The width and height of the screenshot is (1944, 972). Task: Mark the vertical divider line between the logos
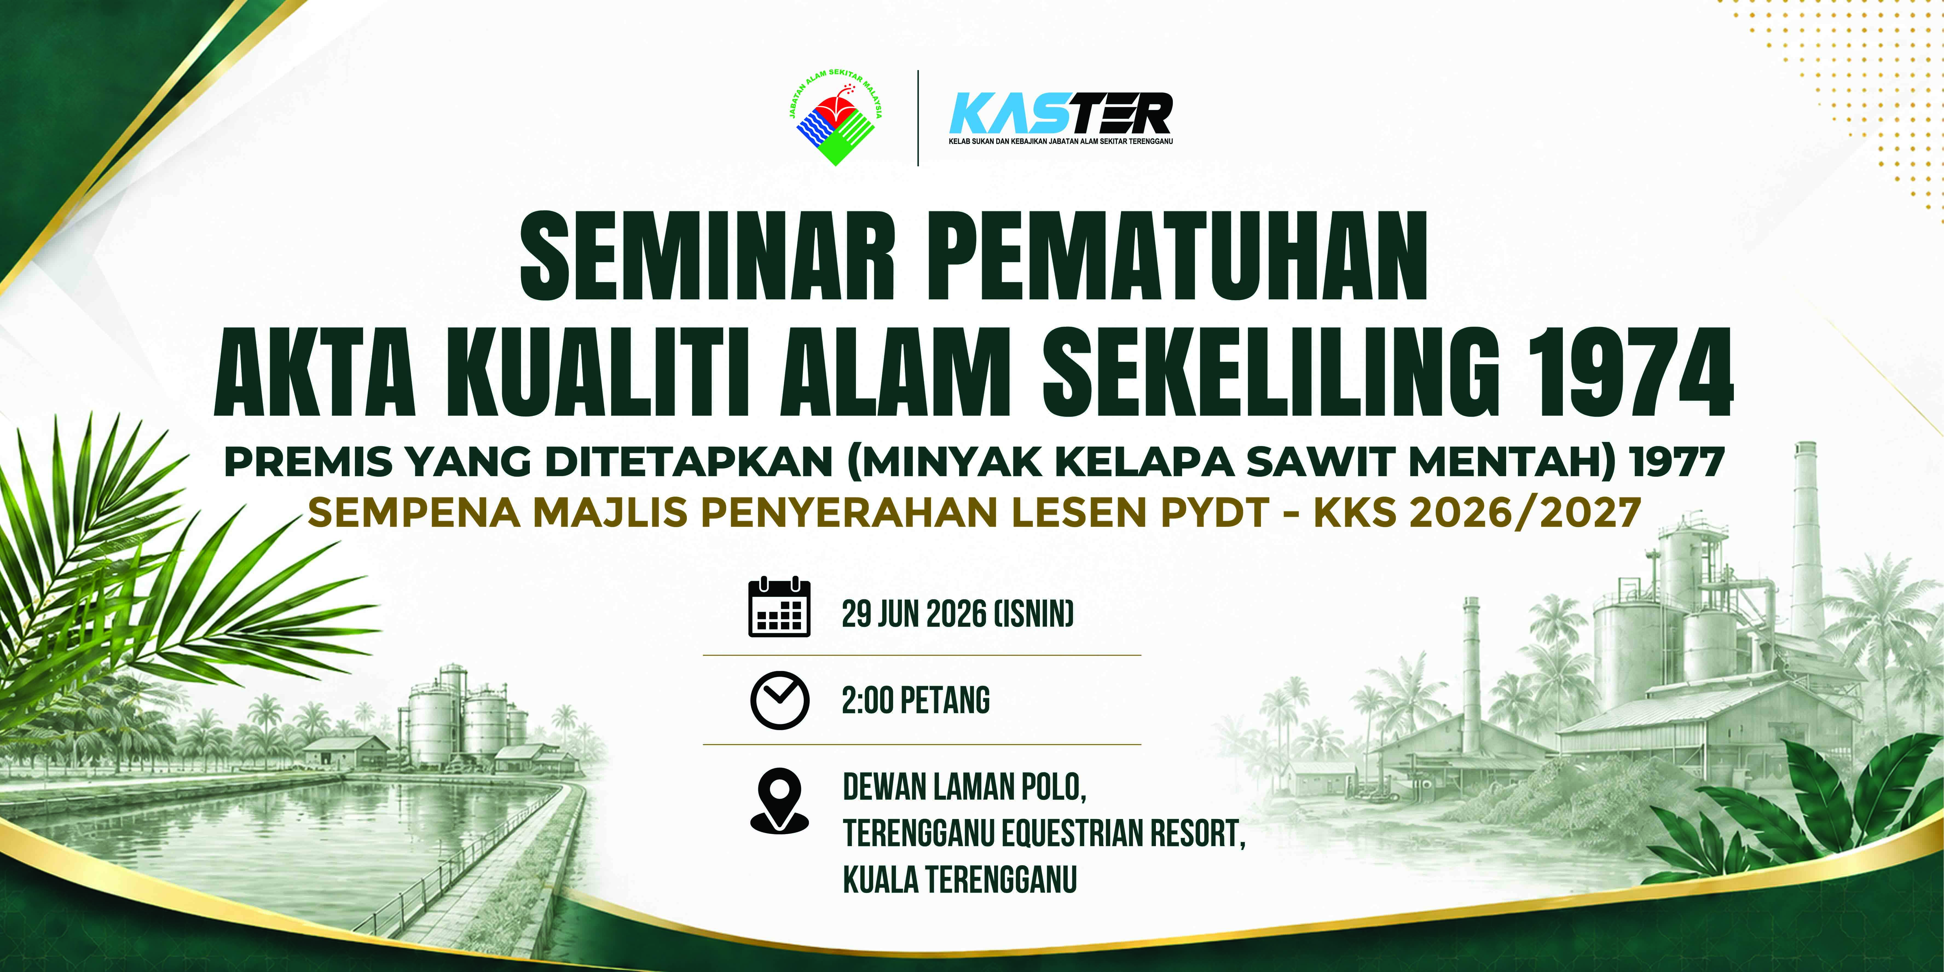tap(918, 118)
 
